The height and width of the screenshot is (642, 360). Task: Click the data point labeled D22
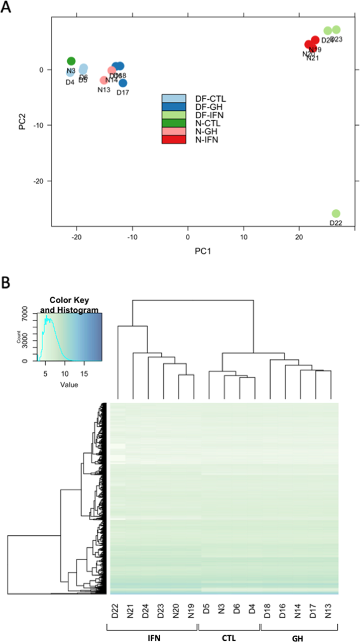pyautogui.click(x=336, y=213)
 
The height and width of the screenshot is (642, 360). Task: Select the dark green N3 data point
pyautogui.click(x=71, y=61)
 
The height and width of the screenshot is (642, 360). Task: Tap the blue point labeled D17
pyautogui.click(x=123, y=83)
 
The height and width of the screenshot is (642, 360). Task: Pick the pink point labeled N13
pyautogui.click(x=104, y=80)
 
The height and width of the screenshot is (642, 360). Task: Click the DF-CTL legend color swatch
pyautogui.click(x=173, y=98)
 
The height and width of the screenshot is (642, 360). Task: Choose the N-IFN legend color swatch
pyautogui.click(x=173, y=140)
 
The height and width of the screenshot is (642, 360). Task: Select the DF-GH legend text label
pyautogui.click(x=206, y=107)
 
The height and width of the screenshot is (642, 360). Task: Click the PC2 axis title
pyautogui.click(x=23, y=122)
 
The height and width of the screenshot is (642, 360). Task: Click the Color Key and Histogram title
pyautogui.click(x=69, y=306)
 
